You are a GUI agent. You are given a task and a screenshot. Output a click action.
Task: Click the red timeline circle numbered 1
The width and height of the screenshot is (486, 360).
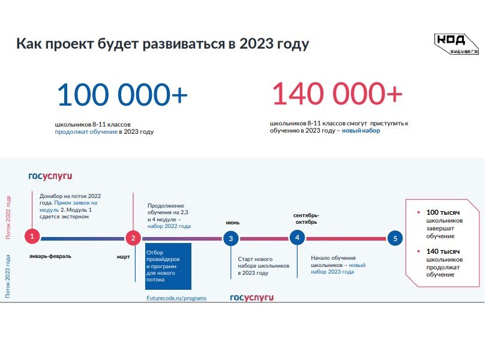pos(32,236)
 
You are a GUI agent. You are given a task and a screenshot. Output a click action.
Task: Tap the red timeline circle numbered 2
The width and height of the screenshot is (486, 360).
pos(133,238)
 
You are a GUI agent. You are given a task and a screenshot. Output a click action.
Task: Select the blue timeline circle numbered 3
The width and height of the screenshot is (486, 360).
pos(231,238)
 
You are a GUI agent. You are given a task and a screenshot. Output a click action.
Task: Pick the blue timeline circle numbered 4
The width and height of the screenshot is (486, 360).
pos(297,238)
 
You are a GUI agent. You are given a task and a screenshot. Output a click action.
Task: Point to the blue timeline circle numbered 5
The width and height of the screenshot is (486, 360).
pos(395,238)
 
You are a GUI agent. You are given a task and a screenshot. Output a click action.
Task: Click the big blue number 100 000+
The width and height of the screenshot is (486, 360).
pos(122,94)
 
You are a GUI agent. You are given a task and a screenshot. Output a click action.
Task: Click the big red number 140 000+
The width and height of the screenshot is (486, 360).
pos(337,93)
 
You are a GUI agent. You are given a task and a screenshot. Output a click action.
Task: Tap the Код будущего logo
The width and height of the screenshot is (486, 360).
pos(456,44)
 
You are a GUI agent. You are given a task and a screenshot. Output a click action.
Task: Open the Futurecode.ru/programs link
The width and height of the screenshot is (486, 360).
pos(176,298)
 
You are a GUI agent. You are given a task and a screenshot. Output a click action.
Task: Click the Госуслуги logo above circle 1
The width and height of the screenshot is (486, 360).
pos(50,176)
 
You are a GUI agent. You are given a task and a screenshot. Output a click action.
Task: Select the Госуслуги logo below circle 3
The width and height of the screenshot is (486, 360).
pos(251,298)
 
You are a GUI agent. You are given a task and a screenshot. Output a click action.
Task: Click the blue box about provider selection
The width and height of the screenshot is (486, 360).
pos(169,266)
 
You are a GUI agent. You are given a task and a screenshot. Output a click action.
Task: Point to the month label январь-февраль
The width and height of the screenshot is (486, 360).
pos(50,256)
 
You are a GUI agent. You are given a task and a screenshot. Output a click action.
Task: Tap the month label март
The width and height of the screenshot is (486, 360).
pos(124,257)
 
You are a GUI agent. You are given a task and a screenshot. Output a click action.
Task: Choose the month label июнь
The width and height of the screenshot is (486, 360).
pos(232,223)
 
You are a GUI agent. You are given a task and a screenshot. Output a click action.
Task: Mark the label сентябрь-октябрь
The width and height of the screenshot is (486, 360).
pos(306,218)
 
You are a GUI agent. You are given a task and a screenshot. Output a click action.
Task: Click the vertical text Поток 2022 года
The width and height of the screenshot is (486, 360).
pos(8,217)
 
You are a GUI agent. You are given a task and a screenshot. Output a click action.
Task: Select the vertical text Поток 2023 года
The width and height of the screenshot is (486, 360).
pos(8,276)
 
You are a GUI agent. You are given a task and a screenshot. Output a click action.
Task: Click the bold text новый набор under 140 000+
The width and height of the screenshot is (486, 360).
pos(361,131)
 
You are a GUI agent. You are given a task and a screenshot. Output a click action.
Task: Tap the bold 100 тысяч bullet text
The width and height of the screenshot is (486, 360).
pos(443,212)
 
